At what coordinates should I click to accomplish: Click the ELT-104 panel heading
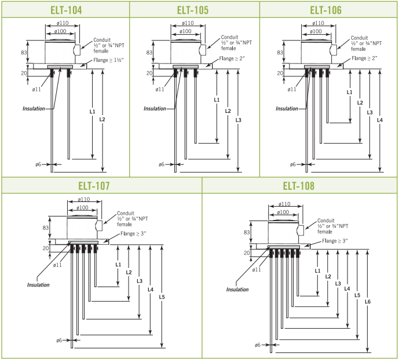(x=66, y=10)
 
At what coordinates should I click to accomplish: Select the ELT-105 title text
(x=193, y=10)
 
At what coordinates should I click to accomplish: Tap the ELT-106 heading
(x=325, y=10)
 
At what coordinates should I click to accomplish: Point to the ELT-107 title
(x=94, y=186)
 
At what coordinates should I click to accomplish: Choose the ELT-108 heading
(x=299, y=186)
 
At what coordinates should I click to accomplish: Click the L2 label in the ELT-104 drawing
(x=102, y=119)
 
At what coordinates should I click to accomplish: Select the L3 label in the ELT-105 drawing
(x=238, y=120)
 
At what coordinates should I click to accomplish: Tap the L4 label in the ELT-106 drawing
(x=380, y=120)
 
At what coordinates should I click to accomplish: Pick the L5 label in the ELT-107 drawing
(x=162, y=297)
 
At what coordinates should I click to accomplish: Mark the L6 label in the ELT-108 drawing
(x=368, y=302)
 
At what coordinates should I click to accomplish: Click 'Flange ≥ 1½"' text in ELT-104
(x=108, y=60)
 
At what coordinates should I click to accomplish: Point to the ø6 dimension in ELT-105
(x=162, y=164)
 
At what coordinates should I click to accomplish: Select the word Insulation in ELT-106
(x=287, y=109)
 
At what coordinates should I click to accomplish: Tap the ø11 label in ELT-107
(x=57, y=265)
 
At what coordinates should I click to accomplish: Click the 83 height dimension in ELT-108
(x=247, y=232)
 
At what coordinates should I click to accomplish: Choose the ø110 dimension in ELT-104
(x=63, y=23)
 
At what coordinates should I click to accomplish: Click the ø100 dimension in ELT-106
(x=316, y=31)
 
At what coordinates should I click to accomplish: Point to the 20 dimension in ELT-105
(x=149, y=74)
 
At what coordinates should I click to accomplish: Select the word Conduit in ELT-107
(x=126, y=214)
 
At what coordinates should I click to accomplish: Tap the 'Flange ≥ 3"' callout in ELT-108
(x=335, y=241)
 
